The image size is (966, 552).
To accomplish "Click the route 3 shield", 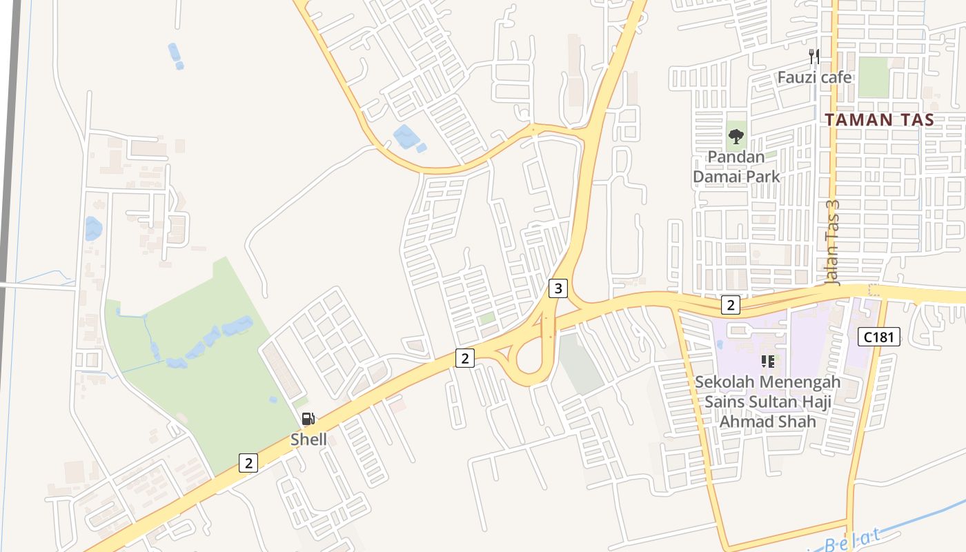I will pyautogui.click(x=558, y=288).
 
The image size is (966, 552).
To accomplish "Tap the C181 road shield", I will pyautogui.click(x=879, y=337).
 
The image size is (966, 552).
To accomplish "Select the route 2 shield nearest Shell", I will pyautogui.click(x=248, y=462).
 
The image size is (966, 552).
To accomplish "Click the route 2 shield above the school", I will pyautogui.click(x=730, y=304).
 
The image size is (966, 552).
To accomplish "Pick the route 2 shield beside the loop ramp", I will pyautogui.click(x=465, y=358).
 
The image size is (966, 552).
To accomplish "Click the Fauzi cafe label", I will pyautogui.click(x=814, y=77).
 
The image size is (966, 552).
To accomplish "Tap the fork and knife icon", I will pyautogui.click(x=814, y=57).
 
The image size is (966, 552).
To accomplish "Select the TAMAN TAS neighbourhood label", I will pyautogui.click(x=880, y=119).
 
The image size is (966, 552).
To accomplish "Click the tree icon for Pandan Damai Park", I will pyautogui.click(x=736, y=136).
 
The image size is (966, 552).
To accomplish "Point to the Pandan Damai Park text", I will pyautogui.click(x=736, y=167).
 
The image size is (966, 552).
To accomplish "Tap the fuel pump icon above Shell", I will pyautogui.click(x=308, y=418).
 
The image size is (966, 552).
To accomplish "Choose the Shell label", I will pyautogui.click(x=308, y=440).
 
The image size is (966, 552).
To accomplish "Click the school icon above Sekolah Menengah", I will pyautogui.click(x=767, y=361).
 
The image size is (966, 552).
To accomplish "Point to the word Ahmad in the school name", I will pyautogui.click(x=747, y=422).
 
